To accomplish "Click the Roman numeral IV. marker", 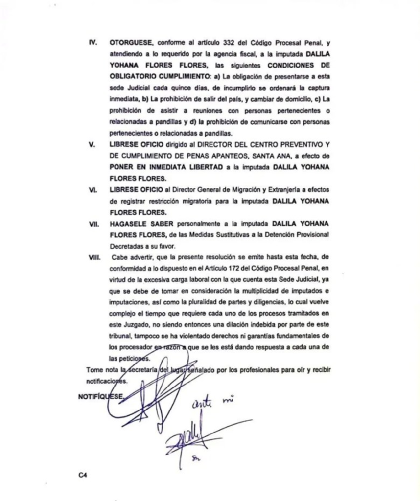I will (x=92, y=43).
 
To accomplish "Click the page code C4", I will (x=82, y=474).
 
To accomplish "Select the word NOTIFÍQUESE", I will (x=100, y=397).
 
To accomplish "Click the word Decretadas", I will (x=125, y=246).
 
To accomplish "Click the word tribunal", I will (x=122, y=337).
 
